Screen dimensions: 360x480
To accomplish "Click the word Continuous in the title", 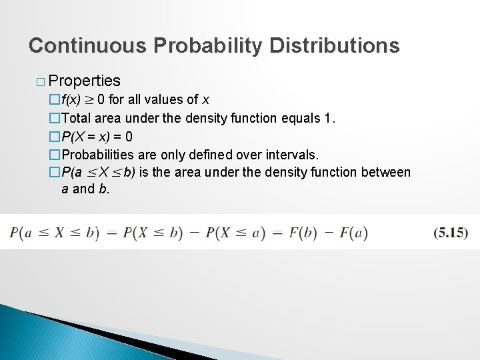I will click(88, 45).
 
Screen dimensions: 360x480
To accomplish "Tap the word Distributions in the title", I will click(335, 45).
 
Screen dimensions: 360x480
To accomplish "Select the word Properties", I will click(85, 81).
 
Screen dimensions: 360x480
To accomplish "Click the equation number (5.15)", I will click(450, 232).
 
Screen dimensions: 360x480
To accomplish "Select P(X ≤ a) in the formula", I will click(235, 232).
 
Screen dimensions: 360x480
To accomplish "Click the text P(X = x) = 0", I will click(97, 137).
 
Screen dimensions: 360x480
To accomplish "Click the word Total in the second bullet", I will click(77, 118).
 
